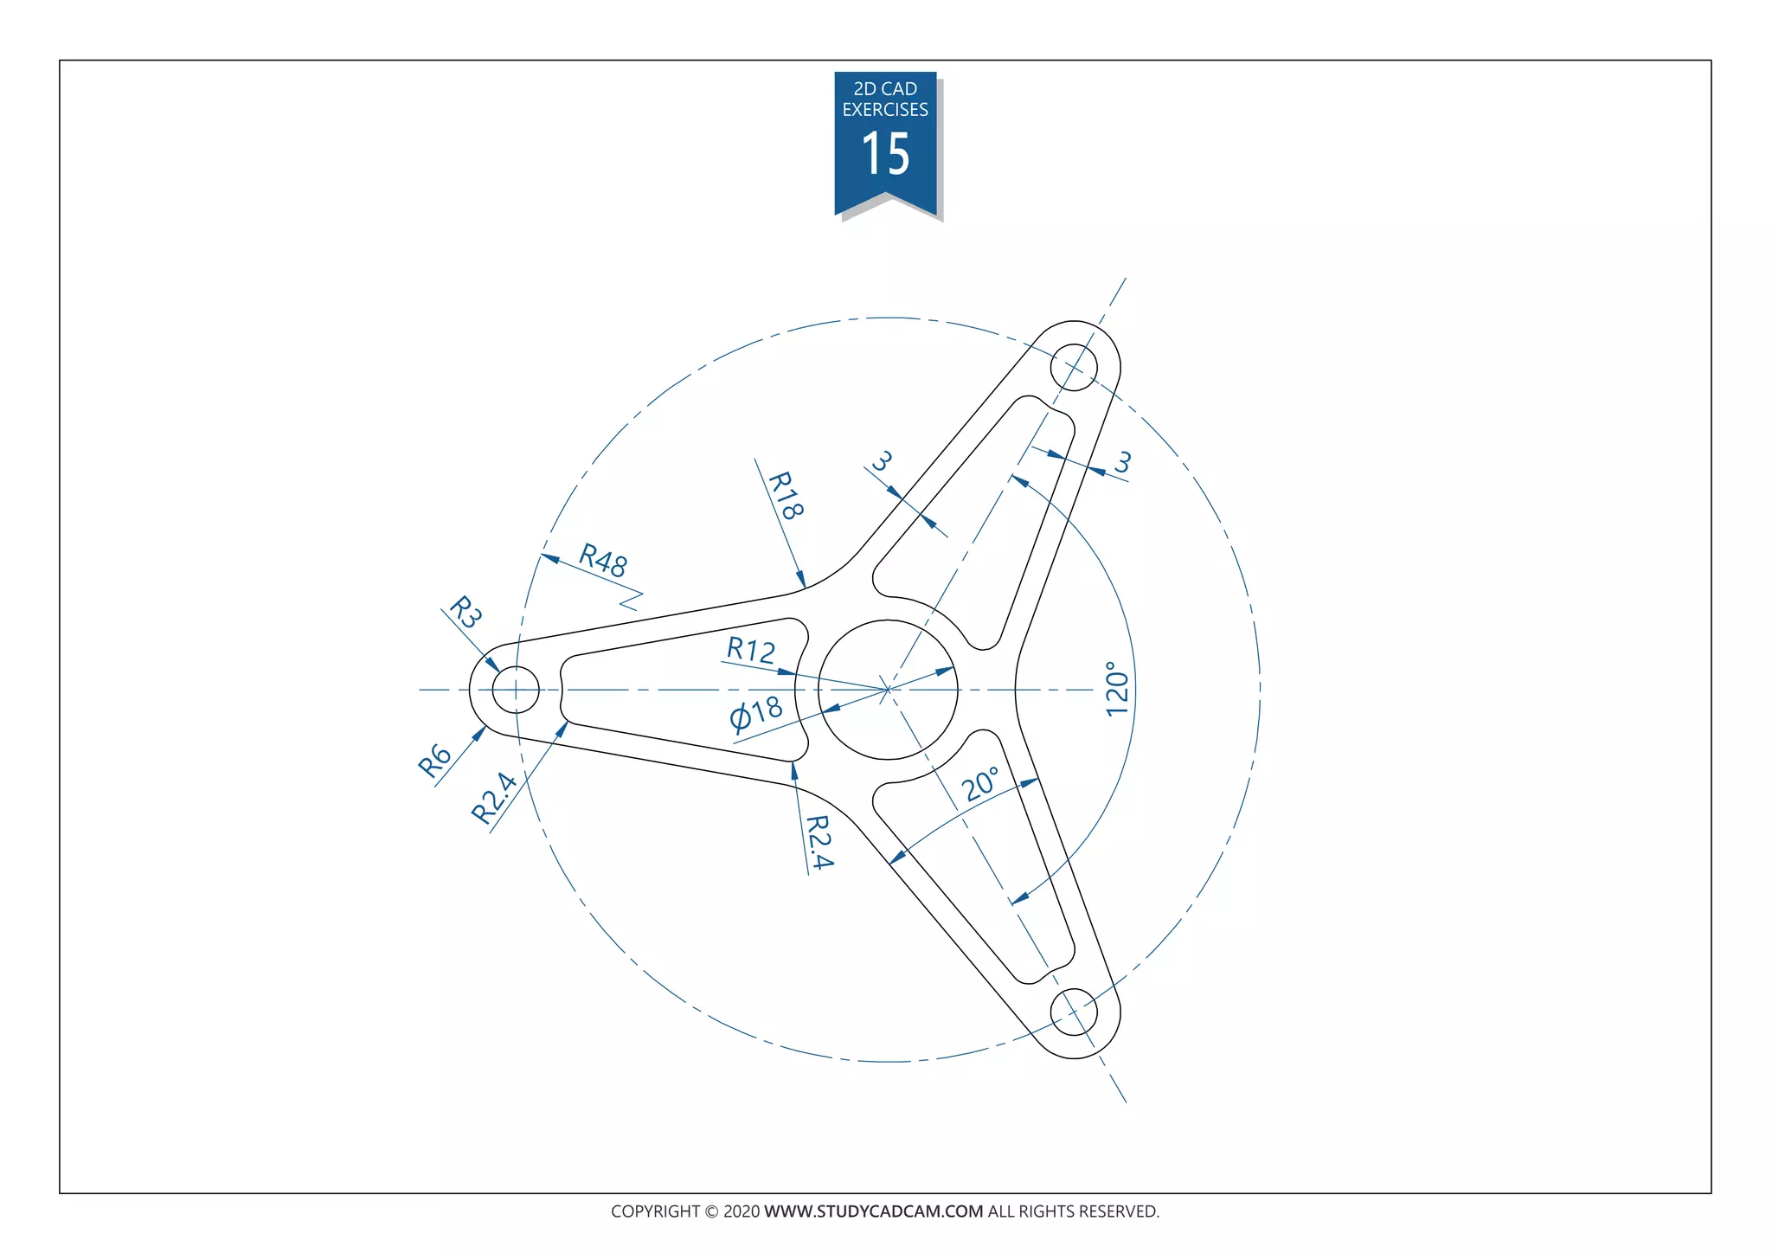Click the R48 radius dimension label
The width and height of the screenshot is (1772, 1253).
click(x=602, y=561)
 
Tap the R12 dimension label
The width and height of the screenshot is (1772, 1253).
click(x=750, y=650)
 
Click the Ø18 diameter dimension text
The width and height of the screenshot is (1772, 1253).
click(x=756, y=714)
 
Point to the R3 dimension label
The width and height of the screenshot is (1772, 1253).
click(x=465, y=613)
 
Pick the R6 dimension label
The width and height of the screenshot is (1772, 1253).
click(x=435, y=761)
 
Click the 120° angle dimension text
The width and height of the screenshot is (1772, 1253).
click(x=1117, y=689)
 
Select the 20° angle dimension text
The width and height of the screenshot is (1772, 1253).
click(x=981, y=784)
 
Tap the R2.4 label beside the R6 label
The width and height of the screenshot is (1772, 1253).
click(x=494, y=797)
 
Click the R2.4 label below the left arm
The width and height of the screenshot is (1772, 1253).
click(x=819, y=842)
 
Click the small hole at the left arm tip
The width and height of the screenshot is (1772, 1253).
click(x=516, y=690)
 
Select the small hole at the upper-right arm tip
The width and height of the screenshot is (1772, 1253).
click(x=1073, y=367)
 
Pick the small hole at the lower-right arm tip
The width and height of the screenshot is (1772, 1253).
click(x=1073, y=1012)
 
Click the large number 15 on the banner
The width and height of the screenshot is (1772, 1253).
click(x=885, y=155)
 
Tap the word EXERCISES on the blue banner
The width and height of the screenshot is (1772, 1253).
click(x=885, y=110)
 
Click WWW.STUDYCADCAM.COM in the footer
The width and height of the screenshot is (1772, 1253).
click(x=873, y=1211)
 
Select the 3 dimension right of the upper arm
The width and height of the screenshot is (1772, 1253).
click(x=1121, y=463)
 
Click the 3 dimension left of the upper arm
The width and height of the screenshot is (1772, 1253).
click(x=881, y=461)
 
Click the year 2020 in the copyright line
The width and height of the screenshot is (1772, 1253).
click(x=742, y=1211)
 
